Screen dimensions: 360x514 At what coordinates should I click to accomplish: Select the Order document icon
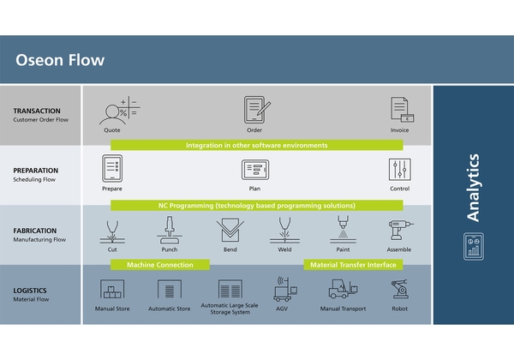pos(255,109)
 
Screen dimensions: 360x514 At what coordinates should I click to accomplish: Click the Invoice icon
pos(401,109)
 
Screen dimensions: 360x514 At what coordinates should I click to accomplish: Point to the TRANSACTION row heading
pos(36,111)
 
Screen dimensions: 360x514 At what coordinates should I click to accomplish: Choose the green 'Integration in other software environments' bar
pos(257,146)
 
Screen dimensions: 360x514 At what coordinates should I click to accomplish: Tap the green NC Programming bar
pos(257,206)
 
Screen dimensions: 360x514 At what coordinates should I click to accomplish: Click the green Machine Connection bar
pos(161,265)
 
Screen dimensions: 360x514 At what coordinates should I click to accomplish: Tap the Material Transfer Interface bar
pos(354,265)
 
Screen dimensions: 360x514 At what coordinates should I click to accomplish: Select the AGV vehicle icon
pos(284,290)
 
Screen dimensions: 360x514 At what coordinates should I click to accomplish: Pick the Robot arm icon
pos(400,289)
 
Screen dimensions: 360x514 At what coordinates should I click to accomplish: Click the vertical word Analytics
pos(473,189)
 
